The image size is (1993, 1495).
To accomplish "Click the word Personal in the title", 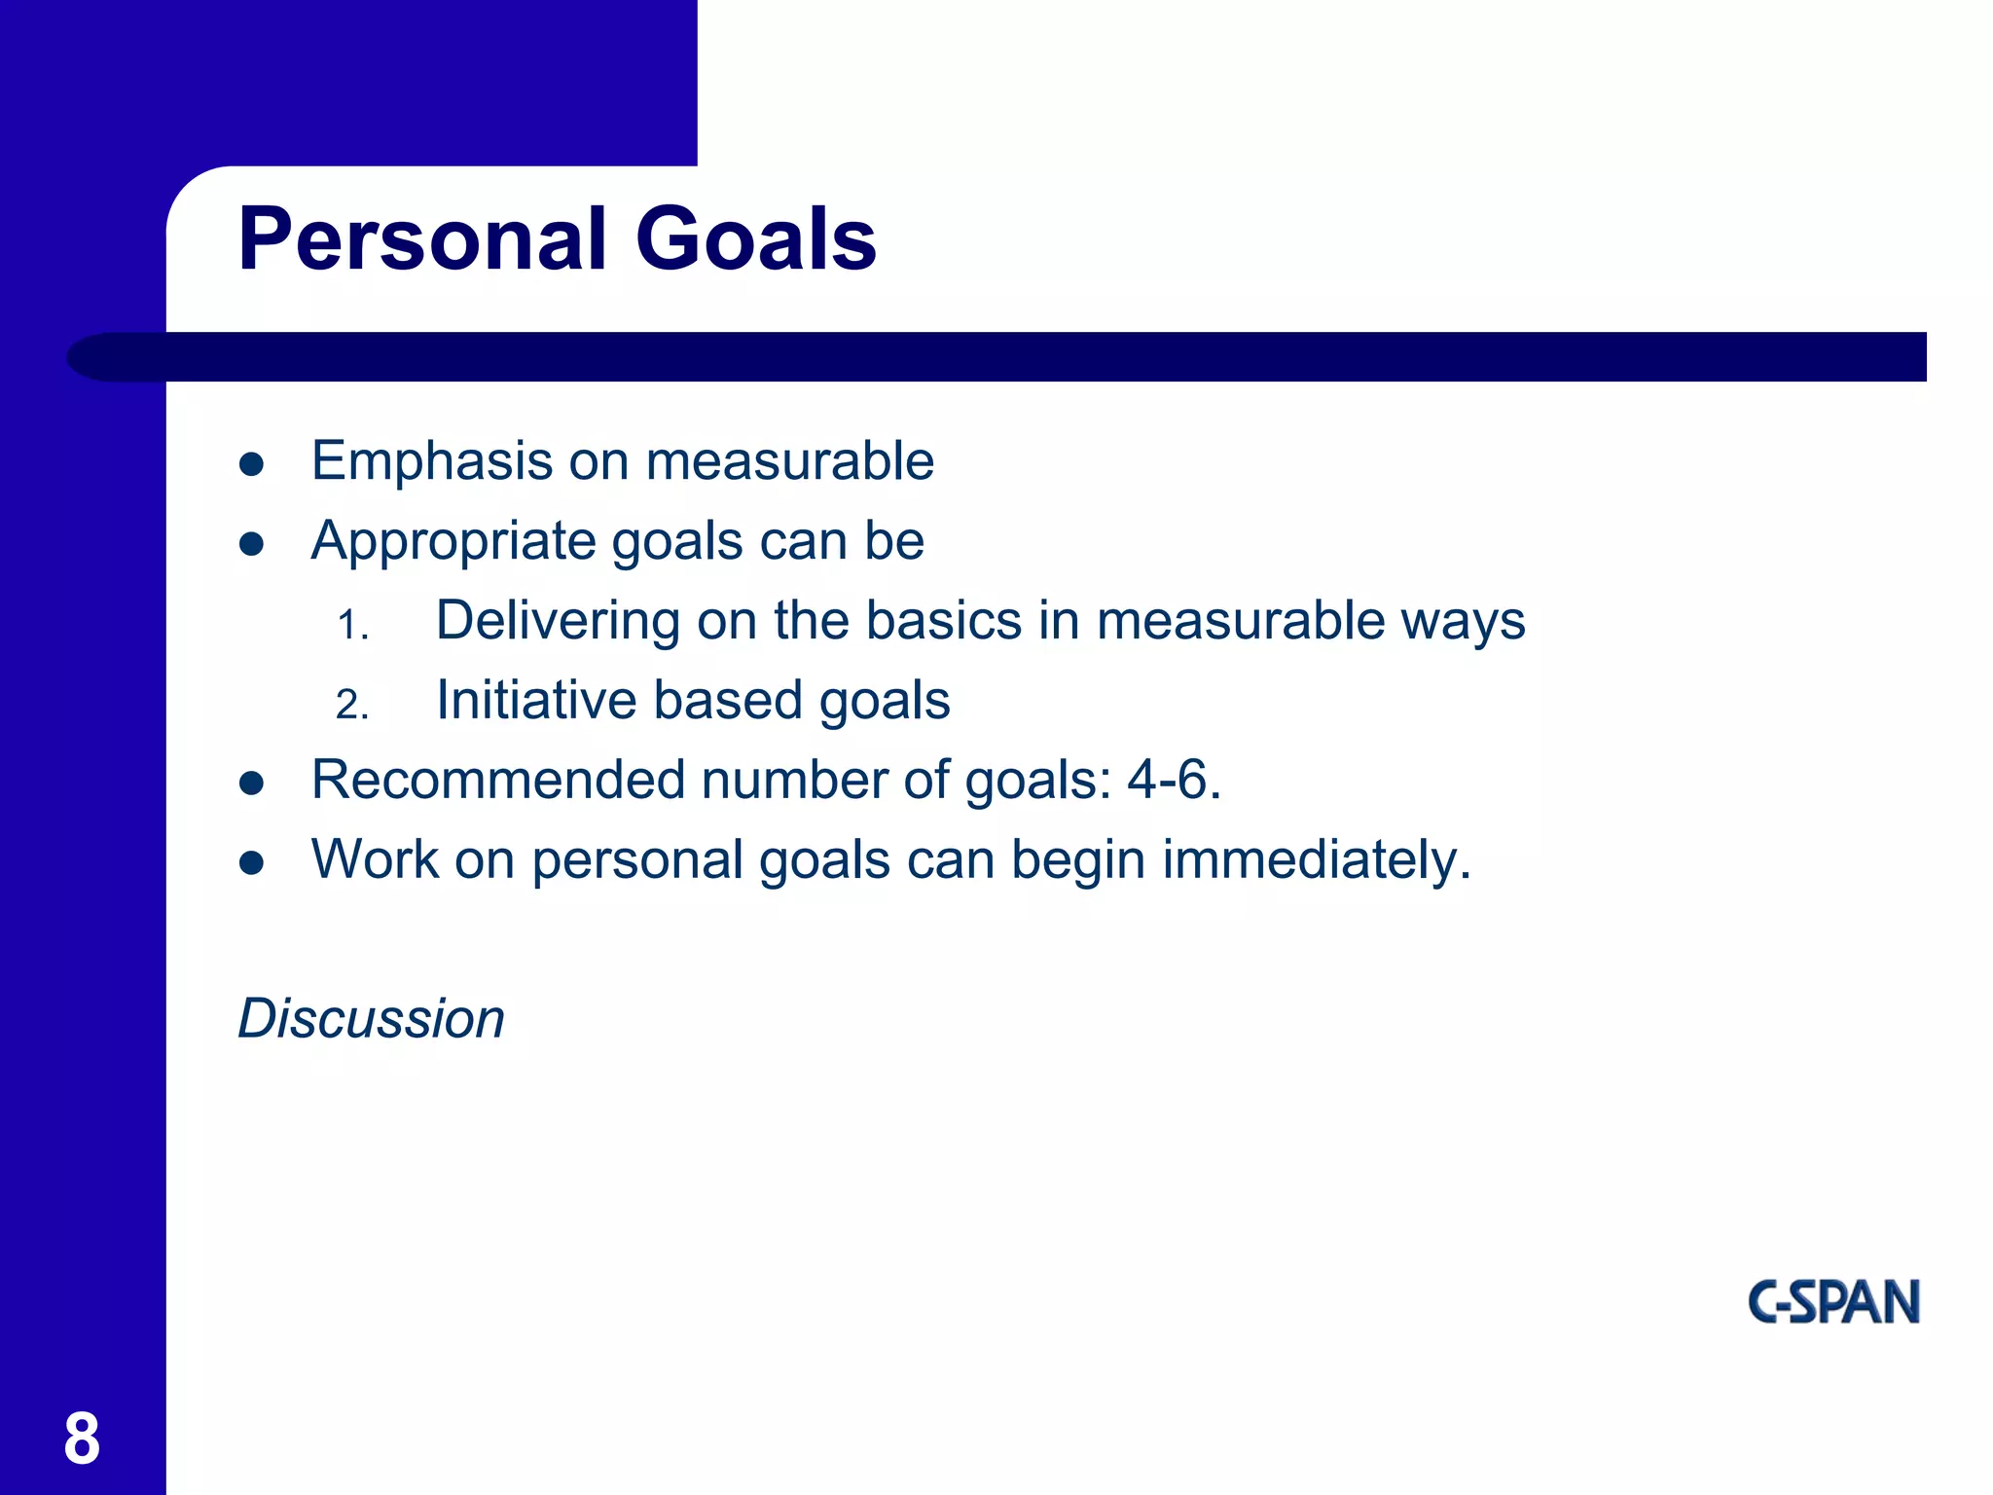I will click(x=422, y=239).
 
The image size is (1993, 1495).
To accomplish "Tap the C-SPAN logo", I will click(x=1833, y=1302).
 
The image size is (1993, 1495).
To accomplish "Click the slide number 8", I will click(x=82, y=1439).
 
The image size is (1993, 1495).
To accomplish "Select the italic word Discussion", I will click(x=372, y=1019).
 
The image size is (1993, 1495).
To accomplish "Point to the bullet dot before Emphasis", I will click(x=252, y=464).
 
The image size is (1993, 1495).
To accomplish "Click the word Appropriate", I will click(x=453, y=541).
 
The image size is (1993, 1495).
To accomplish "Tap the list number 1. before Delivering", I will click(x=352, y=625).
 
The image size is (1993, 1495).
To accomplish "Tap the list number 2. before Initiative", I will click(x=352, y=705).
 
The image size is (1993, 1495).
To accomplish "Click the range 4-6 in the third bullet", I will click(x=1166, y=781).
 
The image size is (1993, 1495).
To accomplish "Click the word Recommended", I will click(x=497, y=781).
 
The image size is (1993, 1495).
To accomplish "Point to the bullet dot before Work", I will click(x=252, y=862).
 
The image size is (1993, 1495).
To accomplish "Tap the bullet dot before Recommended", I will click(x=252, y=783).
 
